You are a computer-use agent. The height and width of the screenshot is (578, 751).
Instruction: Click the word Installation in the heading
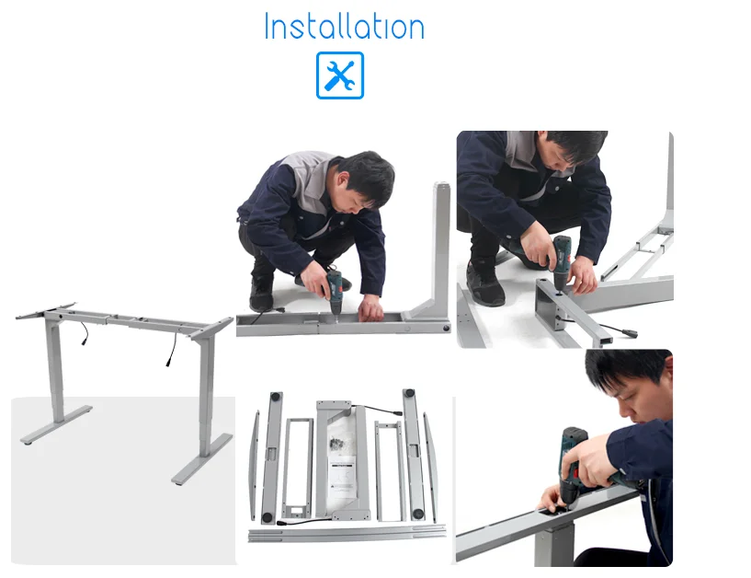point(344,27)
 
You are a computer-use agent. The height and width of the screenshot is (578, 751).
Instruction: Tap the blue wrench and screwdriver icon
point(340,75)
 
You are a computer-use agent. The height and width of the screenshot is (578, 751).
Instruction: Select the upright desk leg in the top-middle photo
point(440,249)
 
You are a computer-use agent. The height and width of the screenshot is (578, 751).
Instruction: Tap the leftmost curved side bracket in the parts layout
point(255,465)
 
